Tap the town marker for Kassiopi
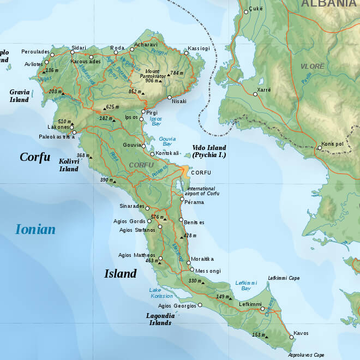coord(186,49)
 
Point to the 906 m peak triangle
coord(160,81)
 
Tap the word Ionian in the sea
coord(35,229)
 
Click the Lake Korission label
coord(161,292)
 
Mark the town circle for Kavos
coord(291,337)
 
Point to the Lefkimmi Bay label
coord(245,285)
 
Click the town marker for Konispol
coord(320,147)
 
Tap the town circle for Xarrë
coord(255,94)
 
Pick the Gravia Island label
coord(19,96)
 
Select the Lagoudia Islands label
coord(159,319)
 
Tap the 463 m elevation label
coord(151,261)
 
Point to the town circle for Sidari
coord(72,52)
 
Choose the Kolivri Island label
coord(69,165)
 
